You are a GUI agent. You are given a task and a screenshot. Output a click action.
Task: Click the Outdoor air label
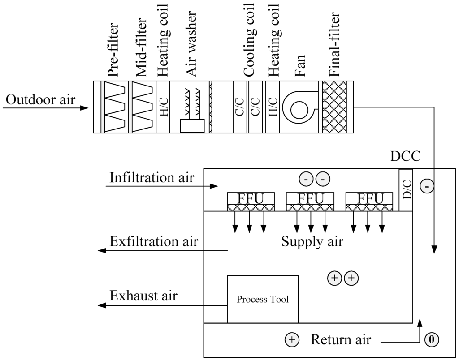click(40, 99)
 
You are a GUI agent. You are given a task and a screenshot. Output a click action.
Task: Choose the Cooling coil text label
click(249, 40)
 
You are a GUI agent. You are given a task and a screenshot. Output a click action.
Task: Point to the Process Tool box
click(263, 299)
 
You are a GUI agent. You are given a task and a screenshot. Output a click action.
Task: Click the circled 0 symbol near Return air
click(432, 340)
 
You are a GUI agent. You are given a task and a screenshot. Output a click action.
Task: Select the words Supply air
click(312, 242)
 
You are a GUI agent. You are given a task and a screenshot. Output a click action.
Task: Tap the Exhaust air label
click(143, 296)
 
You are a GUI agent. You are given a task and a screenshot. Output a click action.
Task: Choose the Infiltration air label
click(152, 178)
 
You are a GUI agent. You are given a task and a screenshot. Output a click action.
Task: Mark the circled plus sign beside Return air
click(292, 340)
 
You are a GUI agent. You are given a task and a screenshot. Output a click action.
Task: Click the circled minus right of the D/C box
click(427, 184)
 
